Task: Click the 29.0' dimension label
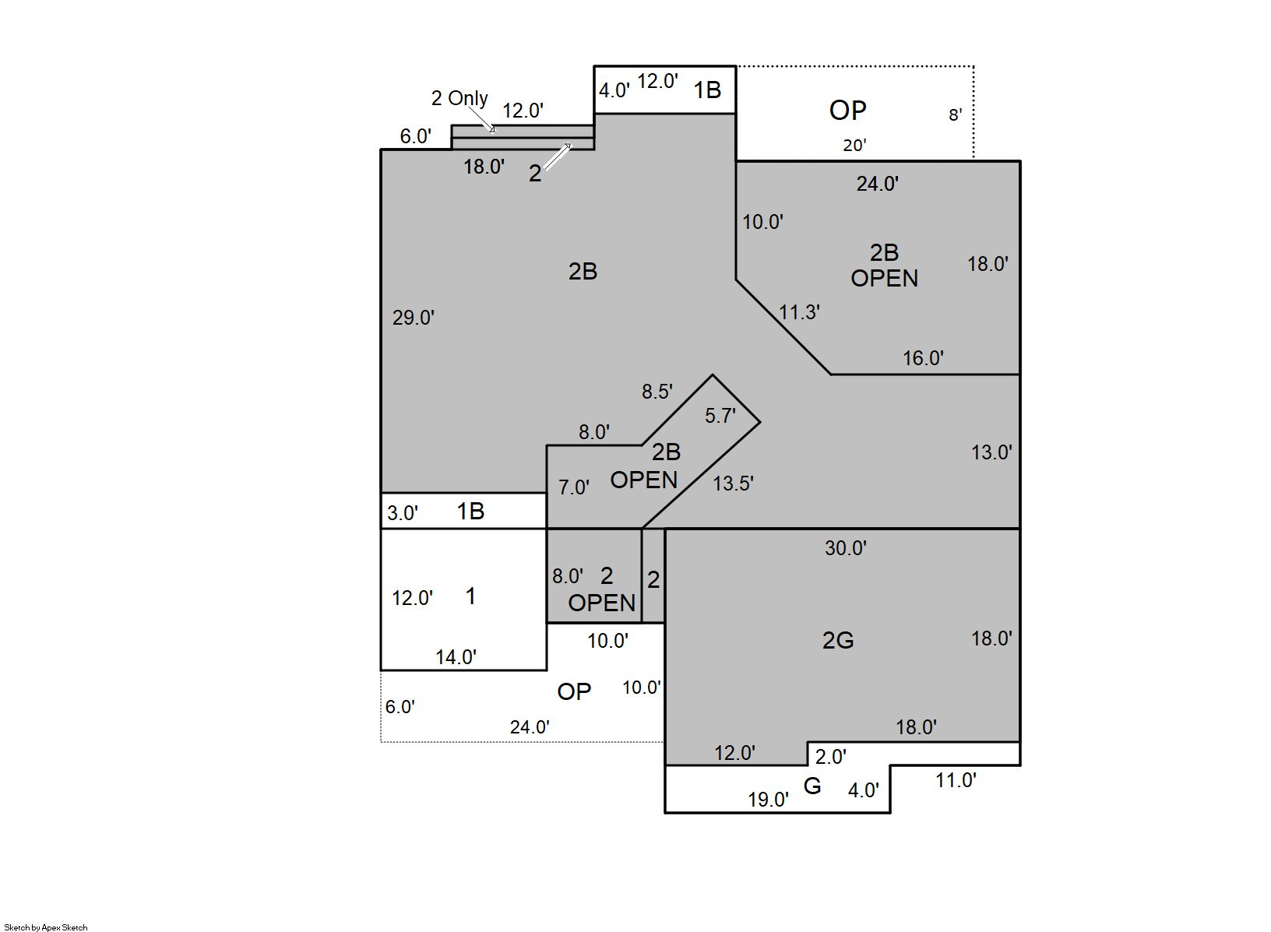(413, 318)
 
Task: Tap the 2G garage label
(837, 641)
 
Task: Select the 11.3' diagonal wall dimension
(799, 312)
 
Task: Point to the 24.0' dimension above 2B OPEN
(877, 184)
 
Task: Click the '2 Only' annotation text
(459, 98)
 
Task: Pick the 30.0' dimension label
(846, 548)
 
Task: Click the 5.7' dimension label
(720, 416)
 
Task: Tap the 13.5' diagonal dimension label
(733, 484)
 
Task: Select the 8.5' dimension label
(657, 392)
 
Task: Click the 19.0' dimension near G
(768, 800)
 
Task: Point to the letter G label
(812, 786)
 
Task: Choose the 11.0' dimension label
(956, 780)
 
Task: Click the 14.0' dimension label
(456, 657)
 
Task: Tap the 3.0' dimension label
(403, 513)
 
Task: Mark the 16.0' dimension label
(923, 358)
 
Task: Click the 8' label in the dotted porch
(956, 115)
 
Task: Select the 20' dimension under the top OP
(854, 146)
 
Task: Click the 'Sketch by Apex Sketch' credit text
(46, 927)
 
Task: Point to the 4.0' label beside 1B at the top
(614, 90)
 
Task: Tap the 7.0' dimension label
(574, 487)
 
